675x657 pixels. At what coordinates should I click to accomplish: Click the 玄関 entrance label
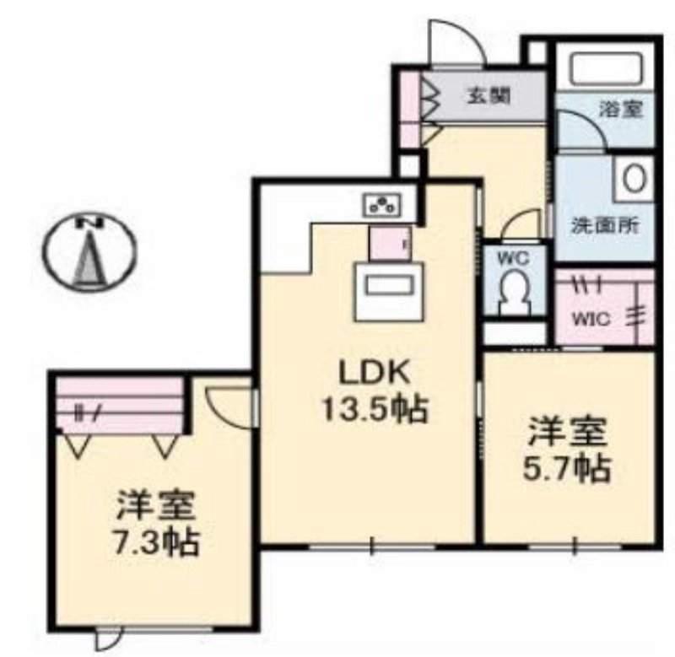489,95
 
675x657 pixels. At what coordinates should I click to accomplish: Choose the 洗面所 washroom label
604,225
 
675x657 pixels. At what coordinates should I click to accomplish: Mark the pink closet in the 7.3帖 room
119,404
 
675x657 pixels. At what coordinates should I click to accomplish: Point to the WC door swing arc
516,225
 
